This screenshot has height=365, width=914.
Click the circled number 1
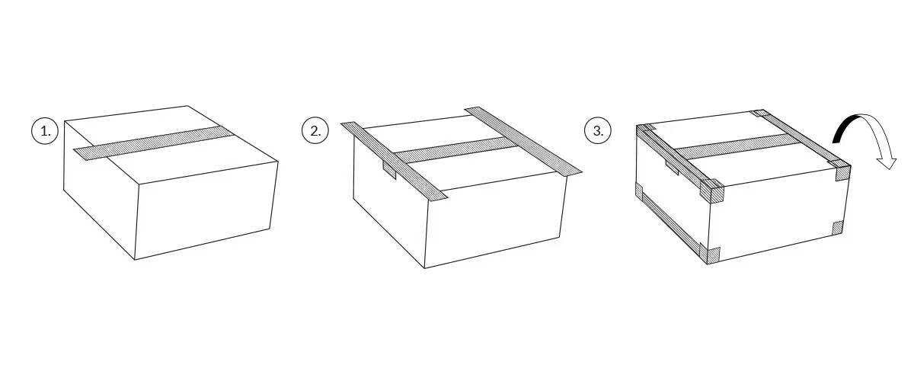click(45, 131)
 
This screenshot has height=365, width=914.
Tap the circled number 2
click(315, 130)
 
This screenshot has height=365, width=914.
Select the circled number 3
click(598, 131)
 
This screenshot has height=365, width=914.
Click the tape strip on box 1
click(153, 143)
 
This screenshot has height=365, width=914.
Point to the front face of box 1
click(206, 210)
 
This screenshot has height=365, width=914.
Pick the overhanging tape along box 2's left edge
click(395, 162)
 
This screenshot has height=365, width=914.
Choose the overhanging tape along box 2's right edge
click(523, 141)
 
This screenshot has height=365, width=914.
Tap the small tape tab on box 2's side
click(389, 169)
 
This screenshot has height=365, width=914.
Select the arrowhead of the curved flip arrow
click(887, 161)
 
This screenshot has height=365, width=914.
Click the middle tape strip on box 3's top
click(737, 146)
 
